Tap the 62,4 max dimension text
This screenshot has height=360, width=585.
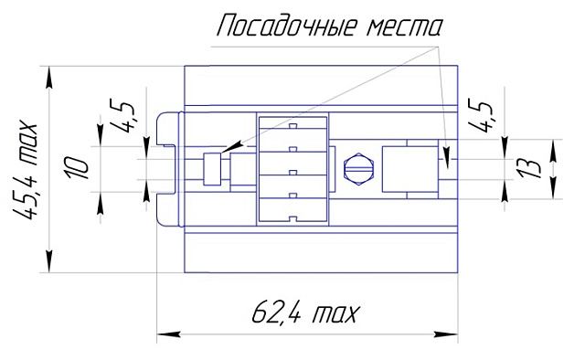point(305,315)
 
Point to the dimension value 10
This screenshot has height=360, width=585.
point(78,169)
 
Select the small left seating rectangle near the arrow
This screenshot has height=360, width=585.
point(212,170)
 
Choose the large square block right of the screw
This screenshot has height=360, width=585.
point(408,170)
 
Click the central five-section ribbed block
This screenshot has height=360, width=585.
point(292,169)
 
